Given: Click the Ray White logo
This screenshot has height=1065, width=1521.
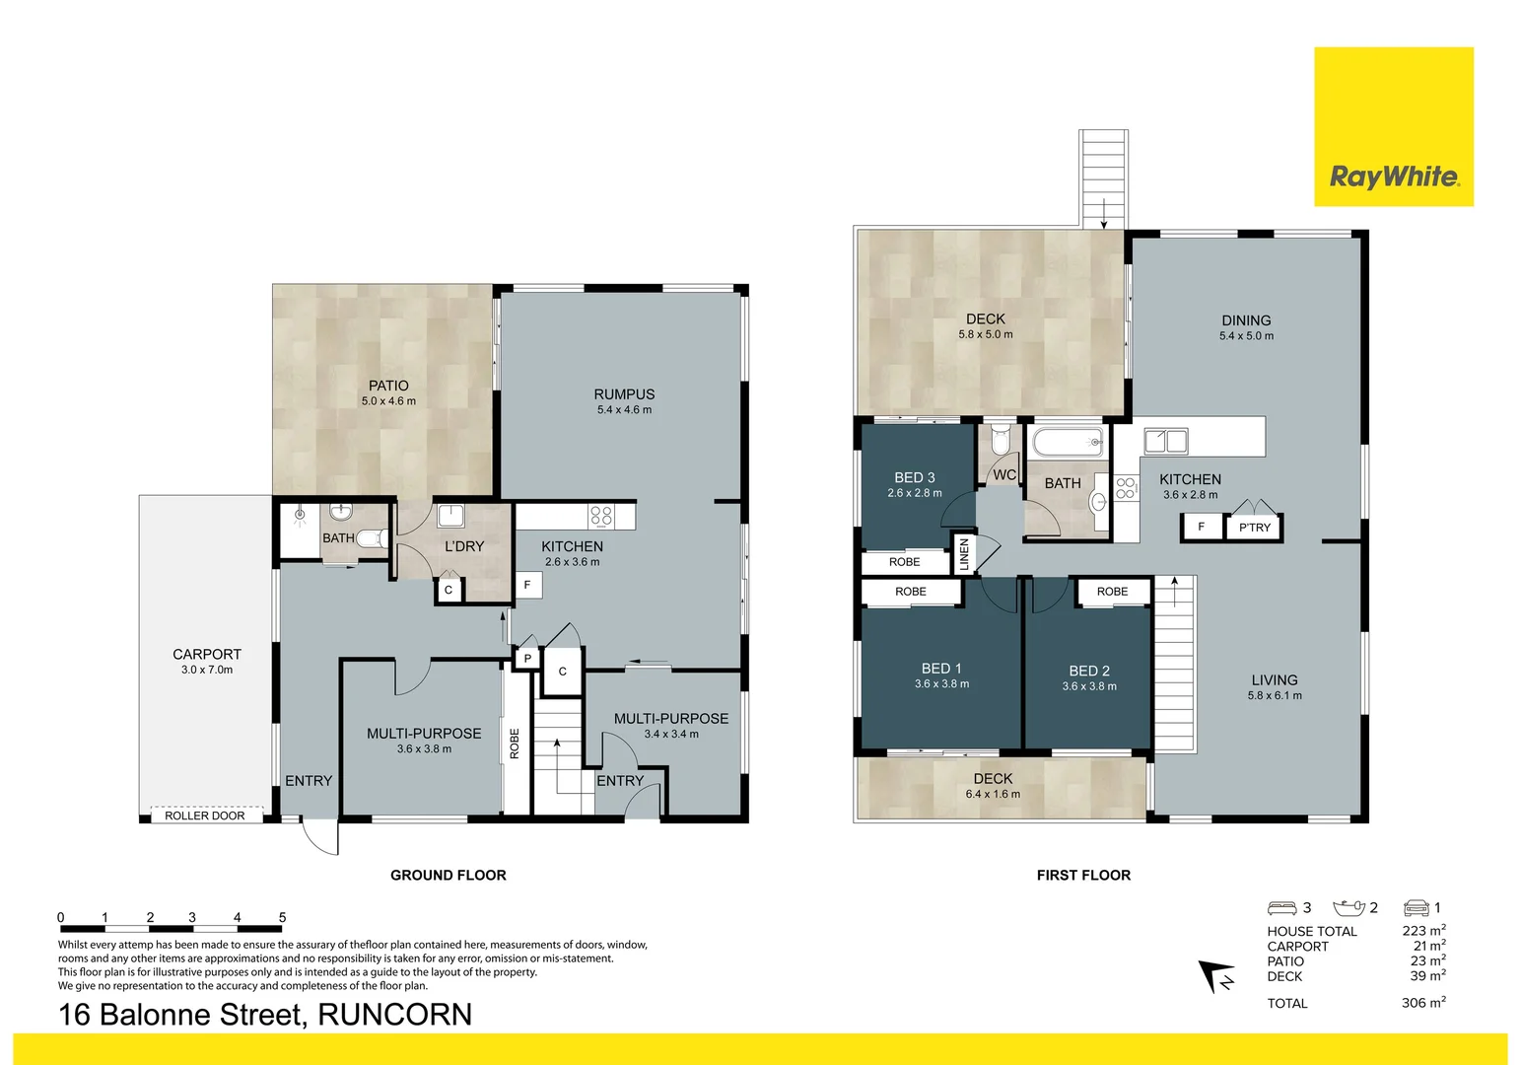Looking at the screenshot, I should click(1393, 127).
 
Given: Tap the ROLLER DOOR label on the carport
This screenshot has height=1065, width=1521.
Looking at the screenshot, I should click(205, 816).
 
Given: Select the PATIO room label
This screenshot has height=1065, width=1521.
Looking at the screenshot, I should click(388, 386).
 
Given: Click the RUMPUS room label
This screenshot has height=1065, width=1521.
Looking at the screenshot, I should click(624, 393).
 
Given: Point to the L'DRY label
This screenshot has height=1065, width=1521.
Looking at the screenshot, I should click(464, 546).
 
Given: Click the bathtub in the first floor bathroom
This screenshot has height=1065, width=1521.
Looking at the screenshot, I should click(1069, 441).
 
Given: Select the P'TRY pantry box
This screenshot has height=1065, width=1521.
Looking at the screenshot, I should click(1254, 528).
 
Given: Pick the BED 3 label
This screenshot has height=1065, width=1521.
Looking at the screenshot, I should click(914, 477).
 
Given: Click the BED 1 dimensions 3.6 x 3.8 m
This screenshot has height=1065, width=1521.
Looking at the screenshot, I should click(941, 683).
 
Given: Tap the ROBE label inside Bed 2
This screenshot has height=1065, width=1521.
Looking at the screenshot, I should click(1112, 592).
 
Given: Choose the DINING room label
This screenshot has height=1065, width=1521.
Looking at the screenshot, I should click(1246, 320).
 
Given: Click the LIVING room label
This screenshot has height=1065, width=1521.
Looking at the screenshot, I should click(1274, 679).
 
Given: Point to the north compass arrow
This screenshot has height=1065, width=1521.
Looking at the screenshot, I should click(1215, 976).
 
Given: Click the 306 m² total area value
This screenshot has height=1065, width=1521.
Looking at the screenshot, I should click(1422, 1003).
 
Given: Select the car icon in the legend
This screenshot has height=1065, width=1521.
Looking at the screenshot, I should click(1416, 907).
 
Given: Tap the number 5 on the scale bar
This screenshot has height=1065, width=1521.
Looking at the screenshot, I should click(282, 917).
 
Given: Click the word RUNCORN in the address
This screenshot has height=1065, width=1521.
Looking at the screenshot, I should click(394, 1015).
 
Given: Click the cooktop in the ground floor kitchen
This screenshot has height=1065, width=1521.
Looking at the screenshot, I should click(600, 516).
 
